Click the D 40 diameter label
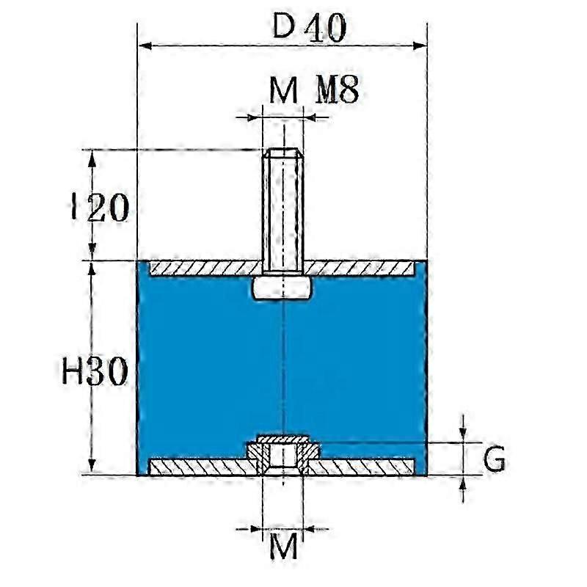click(x=310, y=27)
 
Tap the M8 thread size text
click(x=337, y=90)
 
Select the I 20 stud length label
click(x=100, y=208)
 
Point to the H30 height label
click(x=95, y=371)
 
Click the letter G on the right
click(x=494, y=459)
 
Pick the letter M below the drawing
click(x=283, y=546)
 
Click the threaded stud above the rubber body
click(x=283, y=211)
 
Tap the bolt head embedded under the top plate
click(x=282, y=288)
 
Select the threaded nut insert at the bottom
click(x=283, y=454)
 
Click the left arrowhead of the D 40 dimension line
click(x=145, y=46)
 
